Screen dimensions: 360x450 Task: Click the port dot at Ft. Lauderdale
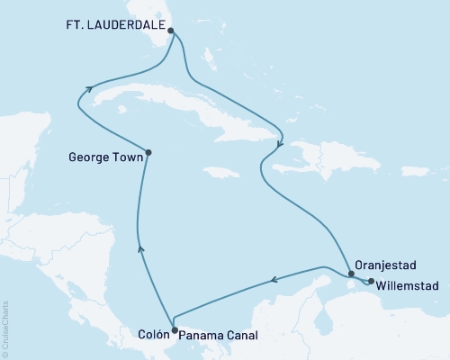172,30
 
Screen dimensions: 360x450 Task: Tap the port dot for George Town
148,153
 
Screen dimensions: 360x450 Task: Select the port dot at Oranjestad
351,274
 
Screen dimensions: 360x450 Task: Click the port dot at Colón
174,330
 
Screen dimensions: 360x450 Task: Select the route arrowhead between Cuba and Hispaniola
280,143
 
